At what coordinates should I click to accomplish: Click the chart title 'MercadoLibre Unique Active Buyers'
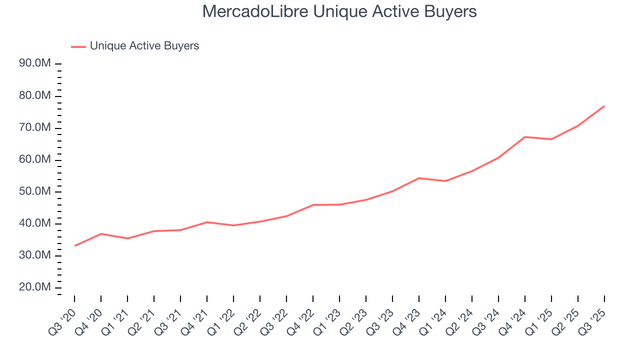339,12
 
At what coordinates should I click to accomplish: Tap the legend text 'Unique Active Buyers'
144,46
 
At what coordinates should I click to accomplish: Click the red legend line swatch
78,46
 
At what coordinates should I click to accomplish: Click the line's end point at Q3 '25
604,106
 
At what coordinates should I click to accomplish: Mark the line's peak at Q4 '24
525,136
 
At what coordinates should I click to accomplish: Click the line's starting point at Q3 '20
74,246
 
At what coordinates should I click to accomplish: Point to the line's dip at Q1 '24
445,181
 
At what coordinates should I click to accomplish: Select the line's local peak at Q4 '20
101,233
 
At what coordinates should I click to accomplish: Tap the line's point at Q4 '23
419,178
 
